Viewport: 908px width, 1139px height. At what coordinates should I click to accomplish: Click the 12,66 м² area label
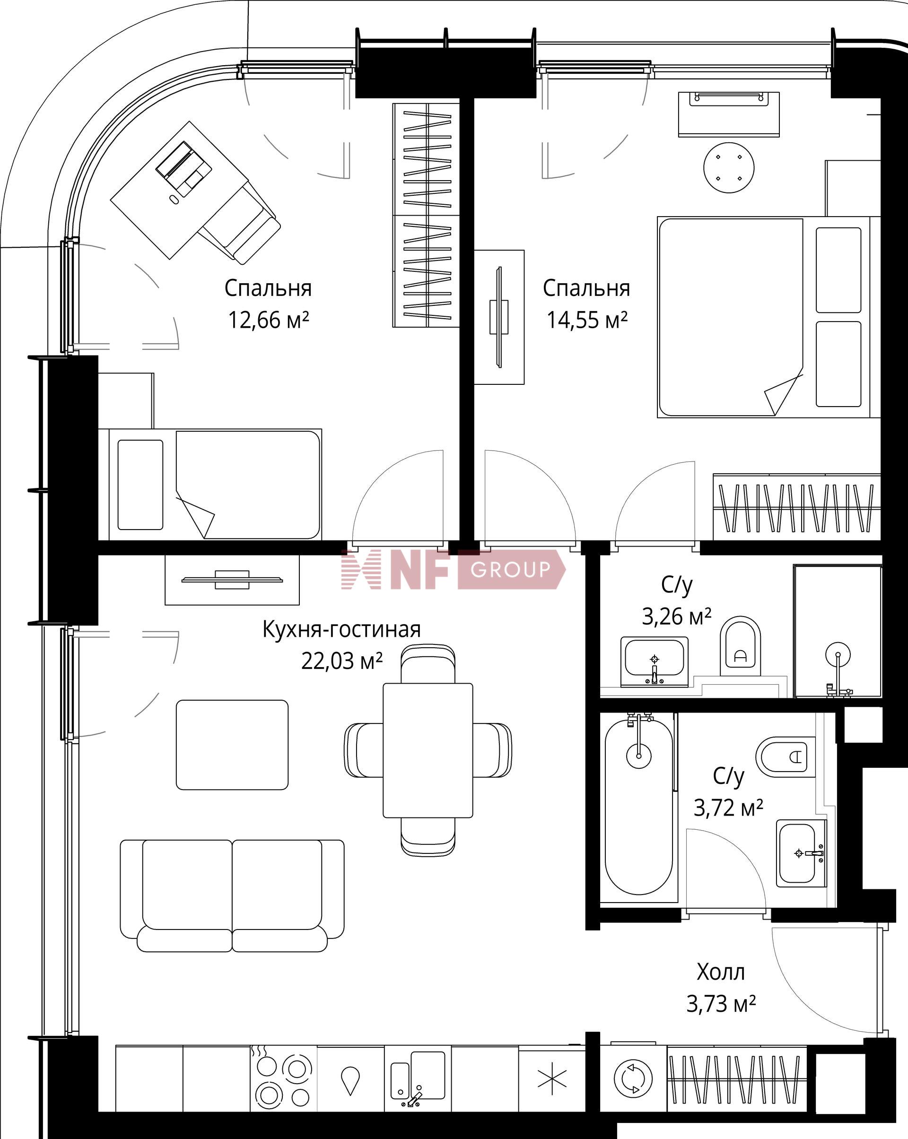point(268,320)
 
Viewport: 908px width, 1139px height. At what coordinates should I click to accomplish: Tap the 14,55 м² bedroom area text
point(587,320)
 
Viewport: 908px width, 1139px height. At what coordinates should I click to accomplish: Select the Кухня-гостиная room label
point(341,630)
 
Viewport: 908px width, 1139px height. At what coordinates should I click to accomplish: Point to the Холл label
point(720,972)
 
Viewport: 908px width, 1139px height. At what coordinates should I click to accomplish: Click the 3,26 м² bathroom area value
point(677,616)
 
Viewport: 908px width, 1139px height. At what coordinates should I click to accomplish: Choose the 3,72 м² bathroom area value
point(728,808)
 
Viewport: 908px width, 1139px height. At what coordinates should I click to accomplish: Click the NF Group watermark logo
point(454,569)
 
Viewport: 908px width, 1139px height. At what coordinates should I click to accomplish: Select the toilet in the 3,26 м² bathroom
point(740,645)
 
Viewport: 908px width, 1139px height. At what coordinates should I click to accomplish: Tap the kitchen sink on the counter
point(418,1078)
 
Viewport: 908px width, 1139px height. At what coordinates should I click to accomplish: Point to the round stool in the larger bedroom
point(729,167)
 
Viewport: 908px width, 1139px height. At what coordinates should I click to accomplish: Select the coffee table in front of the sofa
point(232,745)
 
